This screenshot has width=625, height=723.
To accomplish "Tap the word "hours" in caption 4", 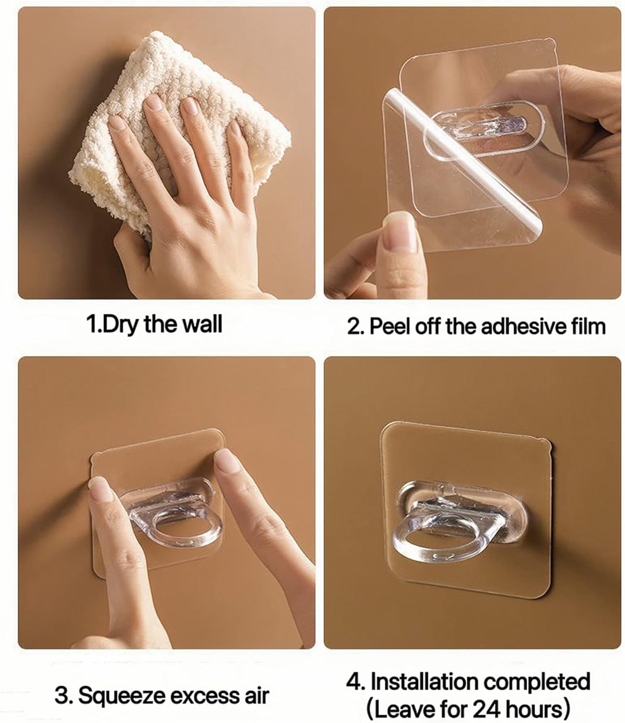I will [534, 709].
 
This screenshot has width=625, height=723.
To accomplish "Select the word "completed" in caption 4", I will [537, 682].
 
